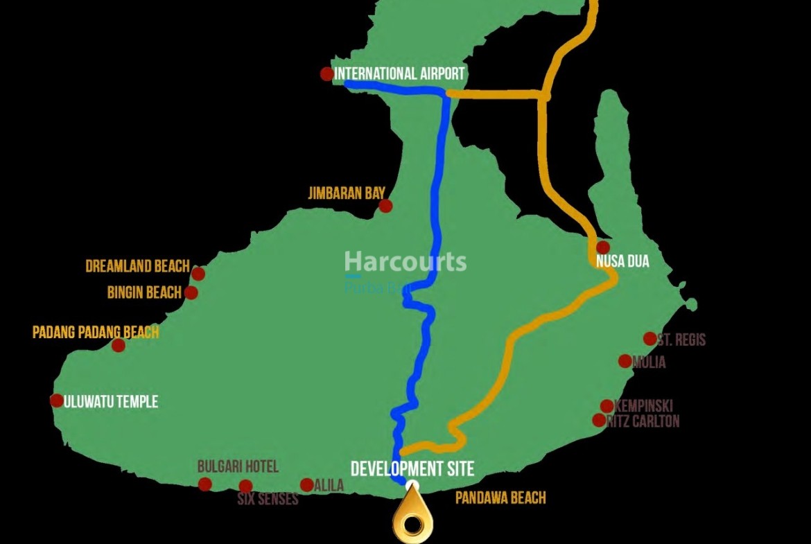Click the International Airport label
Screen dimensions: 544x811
point(399,73)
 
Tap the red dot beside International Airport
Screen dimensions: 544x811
point(326,73)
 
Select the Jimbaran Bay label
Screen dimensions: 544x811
point(346,193)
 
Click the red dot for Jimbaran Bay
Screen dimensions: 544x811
point(385,206)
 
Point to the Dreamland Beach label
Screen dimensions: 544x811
point(137,266)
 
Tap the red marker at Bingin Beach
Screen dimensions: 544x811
point(191,292)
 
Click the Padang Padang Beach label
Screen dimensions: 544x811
point(96,332)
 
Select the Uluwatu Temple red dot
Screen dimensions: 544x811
point(57,401)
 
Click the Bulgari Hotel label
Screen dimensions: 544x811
point(238,466)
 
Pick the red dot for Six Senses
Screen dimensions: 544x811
point(245,486)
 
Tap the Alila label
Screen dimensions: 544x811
point(329,486)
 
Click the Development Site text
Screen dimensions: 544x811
point(412,468)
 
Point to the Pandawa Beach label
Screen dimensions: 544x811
point(500,498)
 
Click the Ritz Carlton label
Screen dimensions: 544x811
point(643,421)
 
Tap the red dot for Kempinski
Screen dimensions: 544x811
point(607,406)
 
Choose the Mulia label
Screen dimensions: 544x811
point(649,362)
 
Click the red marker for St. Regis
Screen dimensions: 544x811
point(649,338)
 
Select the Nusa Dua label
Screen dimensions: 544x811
point(622,262)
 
